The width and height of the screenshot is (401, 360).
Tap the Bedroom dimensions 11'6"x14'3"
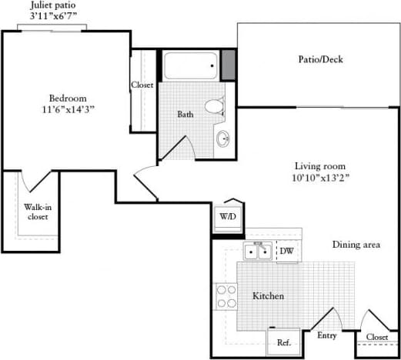pyautogui.click(x=67, y=108)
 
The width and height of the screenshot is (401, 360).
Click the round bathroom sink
pyautogui.click(x=223, y=139)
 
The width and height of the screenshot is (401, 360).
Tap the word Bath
pyautogui.click(x=185, y=115)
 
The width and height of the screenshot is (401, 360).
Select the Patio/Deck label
pyautogui.click(x=319, y=59)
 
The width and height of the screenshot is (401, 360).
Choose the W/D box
pyautogui.click(x=228, y=217)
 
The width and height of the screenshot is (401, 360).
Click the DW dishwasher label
pyautogui.click(x=286, y=251)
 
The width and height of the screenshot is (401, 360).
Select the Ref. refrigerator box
pyautogui.click(x=283, y=342)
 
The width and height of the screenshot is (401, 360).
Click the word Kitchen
pyautogui.click(x=269, y=296)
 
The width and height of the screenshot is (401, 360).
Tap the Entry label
pyautogui.click(x=327, y=335)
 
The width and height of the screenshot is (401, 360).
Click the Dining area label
pyautogui.click(x=356, y=245)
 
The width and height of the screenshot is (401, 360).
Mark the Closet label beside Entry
pyautogui.click(x=376, y=336)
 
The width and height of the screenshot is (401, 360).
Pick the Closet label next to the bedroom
pyautogui.click(x=142, y=85)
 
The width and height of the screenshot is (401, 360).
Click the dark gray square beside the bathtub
pyautogui.click(x=229, y=63)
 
